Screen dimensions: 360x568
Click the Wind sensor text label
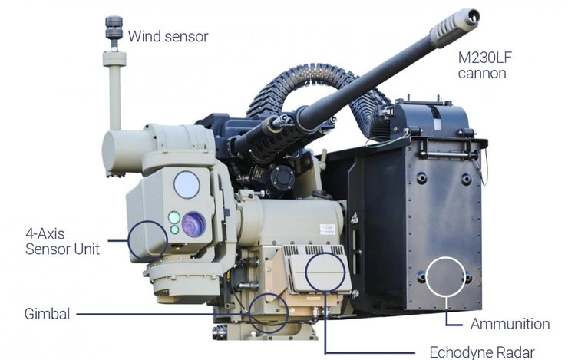pyautogui.click(x=167, y=36)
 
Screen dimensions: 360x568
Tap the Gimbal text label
pyautogui.click(x=47, y=313)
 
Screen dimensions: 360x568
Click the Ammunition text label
pyautogui.click(x=510, y=323)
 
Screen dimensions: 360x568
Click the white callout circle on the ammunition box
pyautogui.click(x=447, y=278)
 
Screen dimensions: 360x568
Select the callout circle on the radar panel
pyautogui.click(x=325, y=269)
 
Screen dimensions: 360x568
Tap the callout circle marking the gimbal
pyautogui.click(x=269, y=312)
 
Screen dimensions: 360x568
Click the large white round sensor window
pyautogui.click(x=187, y=185)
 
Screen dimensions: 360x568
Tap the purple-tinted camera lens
pyautogui.click(x=193, y=225)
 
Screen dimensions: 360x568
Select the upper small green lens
pyautogui.click(x=174, y=216)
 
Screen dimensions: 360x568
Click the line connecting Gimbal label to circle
pyautogui.click(x=161, y=313)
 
